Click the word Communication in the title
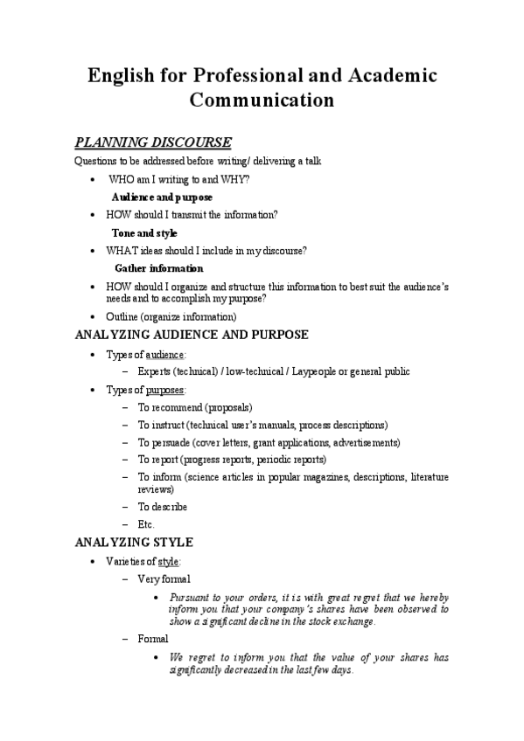pyautogui.click(x=262, y=100)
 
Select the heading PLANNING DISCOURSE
pyautogui.click(x=154, y=142)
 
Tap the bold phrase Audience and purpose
pyautogui.click(x=162, y=197)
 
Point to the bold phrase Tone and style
pyautogui.click(x=144, y=233)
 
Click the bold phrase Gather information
pyautogui.click(x=158, y=268)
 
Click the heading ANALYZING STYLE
pyautogui.click(x=135, y=542)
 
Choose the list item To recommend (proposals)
pyautogui.click(x=195, y=407)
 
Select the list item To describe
pyautogui.click(x=163, y=507)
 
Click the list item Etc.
pyautogui.click(x=146, y=524)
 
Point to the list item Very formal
pyautogui.click(x=164, y=578)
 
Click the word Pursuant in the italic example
pyautogui.click(x=192, y=597)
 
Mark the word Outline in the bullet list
pyautogui.click(x=122, y=316)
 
